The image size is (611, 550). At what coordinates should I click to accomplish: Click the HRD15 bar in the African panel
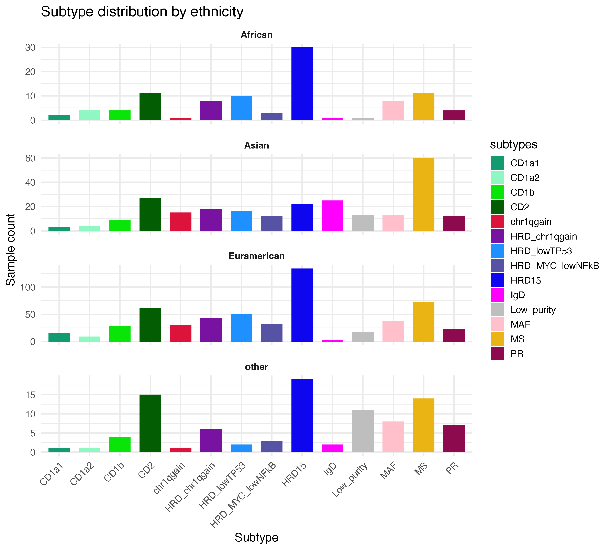pyautogui.click(x=302, y=84)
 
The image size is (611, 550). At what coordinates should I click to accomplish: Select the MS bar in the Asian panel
pyautogui.click(x=423, y=194)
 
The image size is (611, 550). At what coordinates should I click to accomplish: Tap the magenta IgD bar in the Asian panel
pyautogui.click(x=332, y=216)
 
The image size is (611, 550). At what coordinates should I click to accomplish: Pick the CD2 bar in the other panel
pyautogui.click(x=150, y=423)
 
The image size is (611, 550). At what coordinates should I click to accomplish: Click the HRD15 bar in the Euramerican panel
pyautogui.click(x=302, y=305)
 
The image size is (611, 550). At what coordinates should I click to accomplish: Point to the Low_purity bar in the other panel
pyautogui.click(x=363, y=431)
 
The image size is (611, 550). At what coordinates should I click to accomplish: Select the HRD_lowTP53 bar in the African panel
pyautogui.click(x=241, y=108)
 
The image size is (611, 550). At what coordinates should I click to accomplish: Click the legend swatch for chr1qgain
pyautogui.click(x=497, y=221)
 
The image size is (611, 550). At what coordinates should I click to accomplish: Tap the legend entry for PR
pyautogui.click(x=517, y=354)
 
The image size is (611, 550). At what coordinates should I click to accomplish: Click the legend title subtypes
pyautogui.click(x=513, y=144)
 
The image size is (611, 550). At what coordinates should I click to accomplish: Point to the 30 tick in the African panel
pyautogui.click(x=30, y=47)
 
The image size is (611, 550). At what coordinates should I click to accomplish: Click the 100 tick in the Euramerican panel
pyautogui.click(x=28, y=287)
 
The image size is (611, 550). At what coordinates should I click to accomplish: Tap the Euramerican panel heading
pyautogui.click(x=256, y=256)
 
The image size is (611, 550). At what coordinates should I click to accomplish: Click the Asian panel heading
pyautogui.click(x=256, y=145)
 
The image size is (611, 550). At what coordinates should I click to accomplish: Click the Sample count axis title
pyautogui.click(x=11, y=250)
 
